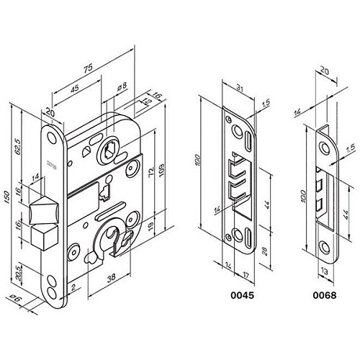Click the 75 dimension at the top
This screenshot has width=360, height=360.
pyautogui.click(x=87, y=69)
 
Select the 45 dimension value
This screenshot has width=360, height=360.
pyautogui.click(x=75, y=89)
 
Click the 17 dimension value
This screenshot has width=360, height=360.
pyautogui.click(x=246, y=274)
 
